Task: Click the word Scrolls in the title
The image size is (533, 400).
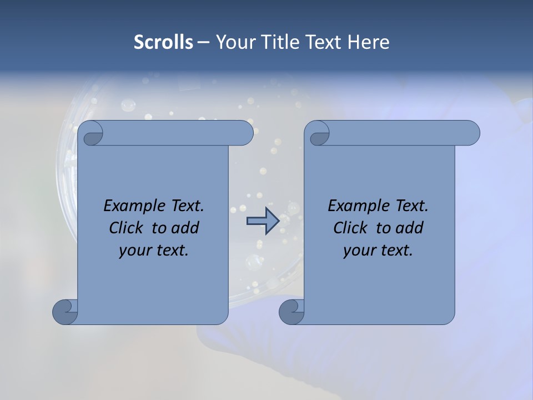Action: click(163, 42)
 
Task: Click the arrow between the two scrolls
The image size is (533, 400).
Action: click(263, 221)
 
